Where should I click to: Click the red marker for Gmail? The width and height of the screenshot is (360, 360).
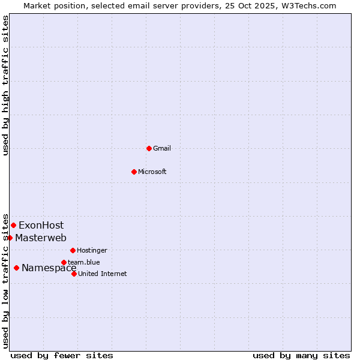[x=149, y=148]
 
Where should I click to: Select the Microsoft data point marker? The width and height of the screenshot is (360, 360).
[x=134, y=172]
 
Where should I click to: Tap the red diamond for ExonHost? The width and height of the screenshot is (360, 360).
[x=13, y=225]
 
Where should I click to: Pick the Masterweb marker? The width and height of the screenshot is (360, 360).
[x=10, y=238]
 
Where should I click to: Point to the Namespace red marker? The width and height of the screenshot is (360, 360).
[x=16, y=268]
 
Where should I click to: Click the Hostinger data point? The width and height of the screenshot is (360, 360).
[x=73, y=250]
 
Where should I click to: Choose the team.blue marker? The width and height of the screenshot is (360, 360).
[x=64, y=262]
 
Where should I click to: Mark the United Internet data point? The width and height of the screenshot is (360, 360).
[x=74, y=274]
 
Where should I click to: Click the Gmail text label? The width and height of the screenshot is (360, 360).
[x=162, y=148]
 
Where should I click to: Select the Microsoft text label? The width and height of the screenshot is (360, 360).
[x=152, y=172]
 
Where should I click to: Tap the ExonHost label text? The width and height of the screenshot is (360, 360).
[x=41, y=226]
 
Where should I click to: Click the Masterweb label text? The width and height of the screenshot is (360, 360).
[x=41, y=238]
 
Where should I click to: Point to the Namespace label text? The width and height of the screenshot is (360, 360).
[x=49, y=268]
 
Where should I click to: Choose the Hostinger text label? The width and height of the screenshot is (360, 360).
[x=92, y=250]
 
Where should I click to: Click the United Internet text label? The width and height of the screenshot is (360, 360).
[x=102, y=274]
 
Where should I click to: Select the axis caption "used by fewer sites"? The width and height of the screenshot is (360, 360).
[x=62, y=355]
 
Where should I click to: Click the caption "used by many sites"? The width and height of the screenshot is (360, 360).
[x=301, y=355]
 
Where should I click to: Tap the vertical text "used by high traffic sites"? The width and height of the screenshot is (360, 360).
[x=5, y=86]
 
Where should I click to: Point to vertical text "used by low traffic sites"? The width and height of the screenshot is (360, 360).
[x=5, y=280]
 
